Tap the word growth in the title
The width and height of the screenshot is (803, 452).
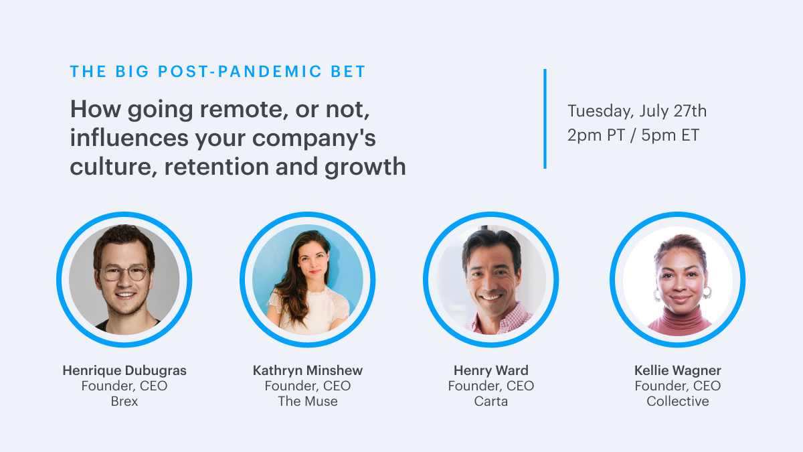[x=365, y=167]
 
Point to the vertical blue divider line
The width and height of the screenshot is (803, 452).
[x=545, y=119]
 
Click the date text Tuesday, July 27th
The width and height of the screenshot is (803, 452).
[x=637, y=111]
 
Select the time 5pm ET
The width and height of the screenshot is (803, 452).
[x=670, y=135]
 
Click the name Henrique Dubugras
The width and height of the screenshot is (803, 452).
[x=124, y=370]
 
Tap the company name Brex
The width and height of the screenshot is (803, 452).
[x=124, y=401]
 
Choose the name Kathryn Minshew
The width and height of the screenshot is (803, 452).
[x=308, y=370]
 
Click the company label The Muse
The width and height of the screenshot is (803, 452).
[x=308, y=401]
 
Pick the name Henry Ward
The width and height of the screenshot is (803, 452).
[x=490, y=370]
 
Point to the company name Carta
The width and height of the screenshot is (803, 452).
[x=490, y=401]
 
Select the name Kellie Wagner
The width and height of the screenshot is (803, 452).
[x=677, y=370]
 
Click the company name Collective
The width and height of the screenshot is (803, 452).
[x=677, y=401]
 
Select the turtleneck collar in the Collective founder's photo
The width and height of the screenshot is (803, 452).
[x=679, y=317]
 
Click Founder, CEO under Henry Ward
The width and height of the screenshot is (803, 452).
[x=490, y=386]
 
